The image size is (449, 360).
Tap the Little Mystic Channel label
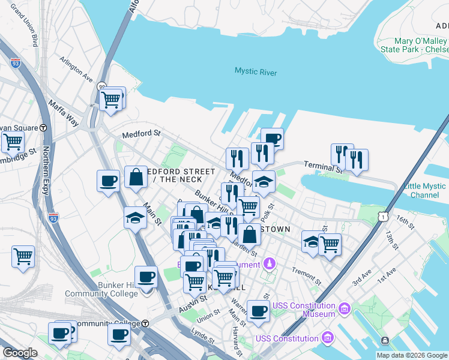pos(425,191)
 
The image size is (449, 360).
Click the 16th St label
pos(405,224)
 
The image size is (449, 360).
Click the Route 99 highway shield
pos(103,86)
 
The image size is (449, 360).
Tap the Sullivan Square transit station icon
pos(43,128)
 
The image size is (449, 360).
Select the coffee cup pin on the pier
pos(272,139)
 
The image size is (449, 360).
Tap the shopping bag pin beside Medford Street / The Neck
pos(136,177)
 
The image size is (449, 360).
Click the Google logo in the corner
pos(20,353)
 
